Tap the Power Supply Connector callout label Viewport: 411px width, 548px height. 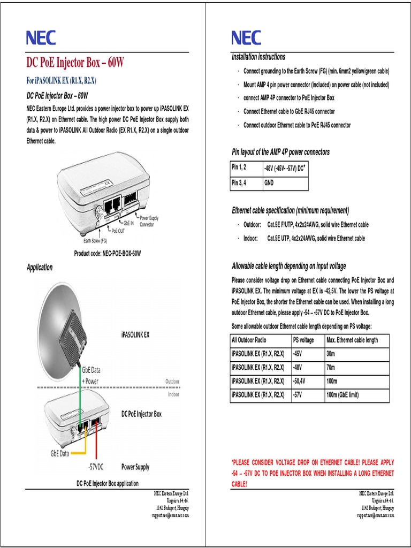click(x=149, y=222)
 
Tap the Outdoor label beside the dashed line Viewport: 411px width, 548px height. click(x=172, y=381)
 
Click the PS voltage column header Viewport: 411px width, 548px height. click(x=303, y=340)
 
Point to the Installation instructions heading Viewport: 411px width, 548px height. click(x=258, y=57)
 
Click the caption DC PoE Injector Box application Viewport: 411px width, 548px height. click(x=108, y=483)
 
